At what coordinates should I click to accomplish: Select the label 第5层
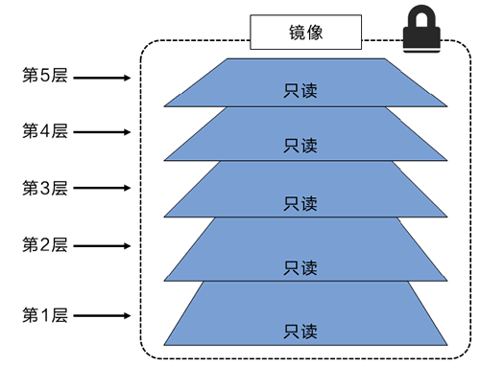(x=45, y=76)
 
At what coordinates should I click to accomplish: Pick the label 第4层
(x=45, y=131)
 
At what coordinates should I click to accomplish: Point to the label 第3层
(x=45, y=188)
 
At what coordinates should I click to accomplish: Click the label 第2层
(x=45, y=244)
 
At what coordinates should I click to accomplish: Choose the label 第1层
(x=45, y=315)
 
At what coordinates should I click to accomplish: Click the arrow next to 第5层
(x=104, y=77)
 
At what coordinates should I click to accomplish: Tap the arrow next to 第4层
(x=104, y=132)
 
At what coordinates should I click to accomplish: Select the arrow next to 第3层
(x=104, y=189)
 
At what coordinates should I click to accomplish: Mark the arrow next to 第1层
(x=104, y=316)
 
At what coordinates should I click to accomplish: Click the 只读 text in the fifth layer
(x=300, y=93)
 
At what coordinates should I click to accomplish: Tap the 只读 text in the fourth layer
(x=300, y=146)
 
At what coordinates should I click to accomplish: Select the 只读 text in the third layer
(x=300, y=203)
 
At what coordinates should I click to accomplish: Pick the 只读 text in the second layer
(x=300, y=265)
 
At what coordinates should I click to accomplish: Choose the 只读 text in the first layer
(x=300, y=331)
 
